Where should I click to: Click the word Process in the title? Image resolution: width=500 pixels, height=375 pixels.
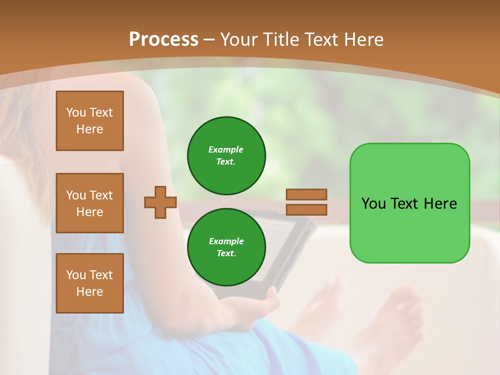point(164,40)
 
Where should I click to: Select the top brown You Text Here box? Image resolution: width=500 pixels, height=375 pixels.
point(90,121)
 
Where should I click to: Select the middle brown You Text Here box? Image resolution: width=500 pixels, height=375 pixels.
point(90,203)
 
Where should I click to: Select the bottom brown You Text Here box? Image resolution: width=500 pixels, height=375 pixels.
point(90,283)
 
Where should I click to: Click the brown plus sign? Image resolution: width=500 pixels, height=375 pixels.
point(160,202)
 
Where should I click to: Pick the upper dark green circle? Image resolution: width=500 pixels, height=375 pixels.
point(227,156)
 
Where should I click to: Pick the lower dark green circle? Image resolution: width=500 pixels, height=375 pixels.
point(227,247)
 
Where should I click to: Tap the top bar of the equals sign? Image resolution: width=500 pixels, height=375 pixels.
point(306,194)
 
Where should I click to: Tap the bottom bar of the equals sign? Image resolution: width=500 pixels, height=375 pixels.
point(306,210)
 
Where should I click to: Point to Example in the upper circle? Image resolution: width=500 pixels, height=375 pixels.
point(226,149)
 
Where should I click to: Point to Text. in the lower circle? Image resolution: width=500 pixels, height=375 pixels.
point(226,253)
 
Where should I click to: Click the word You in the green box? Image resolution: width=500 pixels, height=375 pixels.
point(373,204)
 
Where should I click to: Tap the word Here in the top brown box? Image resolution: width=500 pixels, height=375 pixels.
point(90,129)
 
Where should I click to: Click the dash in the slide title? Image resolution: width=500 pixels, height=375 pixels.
point(209,40)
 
